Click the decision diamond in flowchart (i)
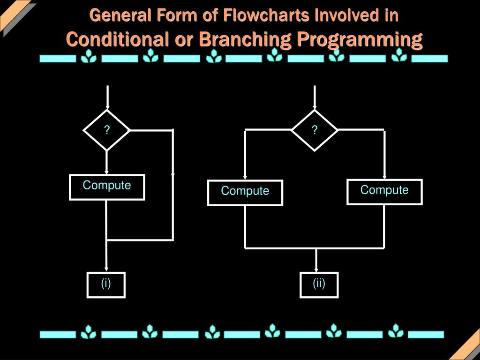click(x=106, y=130)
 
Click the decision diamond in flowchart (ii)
click(x=315, y=130)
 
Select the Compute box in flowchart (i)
click(x=107, y=187)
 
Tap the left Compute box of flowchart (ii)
click(x=245, y=193)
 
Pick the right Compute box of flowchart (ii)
click(x=384, y=192)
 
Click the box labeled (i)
click(x=106, y=285)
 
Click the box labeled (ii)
click(x=319, y=285)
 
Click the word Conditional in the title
click(x=117, y=39)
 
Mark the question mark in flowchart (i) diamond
click(x=107, y=130)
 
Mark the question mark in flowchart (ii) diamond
click(x=315, y=130)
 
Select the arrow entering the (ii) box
click(x=316, y=261)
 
